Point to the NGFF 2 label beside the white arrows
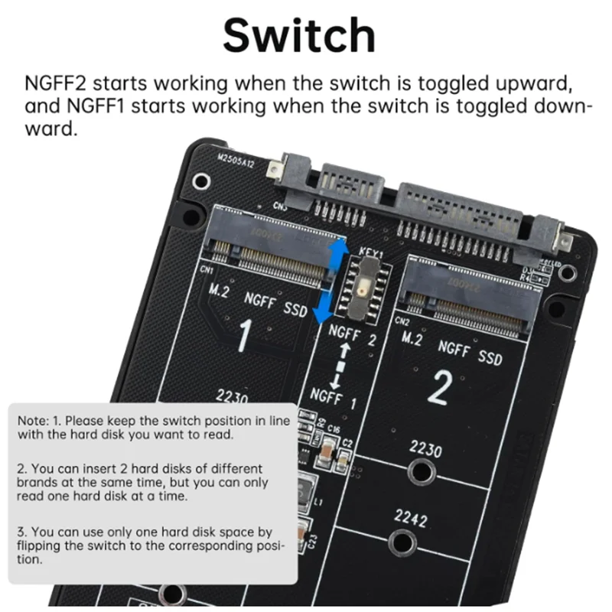tap(352, 336)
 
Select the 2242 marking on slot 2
tap(410, 518)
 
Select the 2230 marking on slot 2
tap(425, 449)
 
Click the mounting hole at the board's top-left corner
tap(201, 181)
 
